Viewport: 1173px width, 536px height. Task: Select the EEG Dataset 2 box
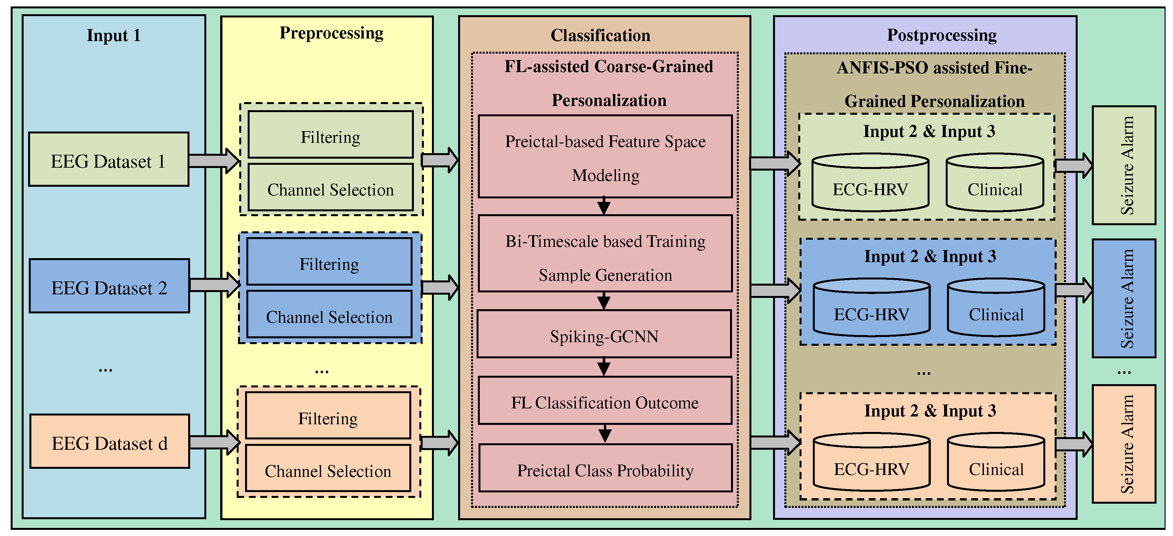(x=109, y=286)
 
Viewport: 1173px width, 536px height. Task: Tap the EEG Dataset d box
(x=109, y=441)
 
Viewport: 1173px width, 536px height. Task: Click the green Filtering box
(x=330, y=135)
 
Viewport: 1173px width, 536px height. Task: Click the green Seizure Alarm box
(x=1124, y=165)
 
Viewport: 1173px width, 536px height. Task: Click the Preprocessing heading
(x=331, y=33)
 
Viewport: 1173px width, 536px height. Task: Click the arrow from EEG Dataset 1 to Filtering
(x=214, y=161)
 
